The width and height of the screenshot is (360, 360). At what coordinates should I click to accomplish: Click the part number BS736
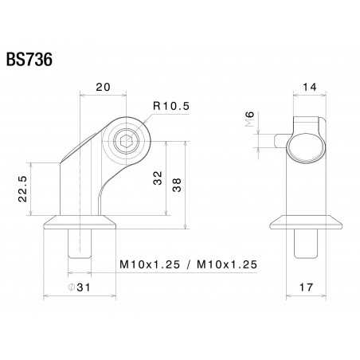(x=29, y=61)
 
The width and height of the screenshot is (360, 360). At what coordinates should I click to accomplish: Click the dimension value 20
(x=101, y=87)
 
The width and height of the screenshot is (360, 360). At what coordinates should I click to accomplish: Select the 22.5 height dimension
(x=23, y=190)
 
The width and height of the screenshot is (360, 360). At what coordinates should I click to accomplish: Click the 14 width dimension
(x=309, y=88)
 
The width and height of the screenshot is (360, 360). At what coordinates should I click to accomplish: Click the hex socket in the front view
(x=125, y=143)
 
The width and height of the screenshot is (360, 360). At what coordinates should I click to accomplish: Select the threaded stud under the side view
(x=303, y=242)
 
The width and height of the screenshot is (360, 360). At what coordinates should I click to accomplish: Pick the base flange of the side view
(x=303, y=222)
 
